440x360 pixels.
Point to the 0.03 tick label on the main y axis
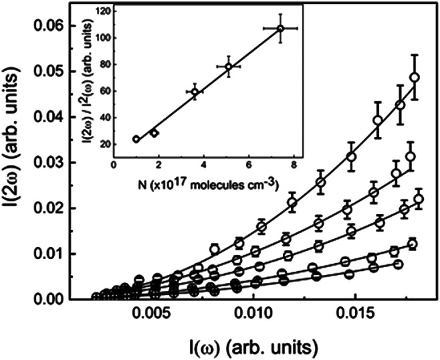[66, 163]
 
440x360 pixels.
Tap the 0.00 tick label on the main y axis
[66, 299]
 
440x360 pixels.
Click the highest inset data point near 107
[280, 28]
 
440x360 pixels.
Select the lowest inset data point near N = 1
[136, 139]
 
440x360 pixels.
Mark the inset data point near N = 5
[228, 66]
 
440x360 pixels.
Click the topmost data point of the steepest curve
[414, 77]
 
